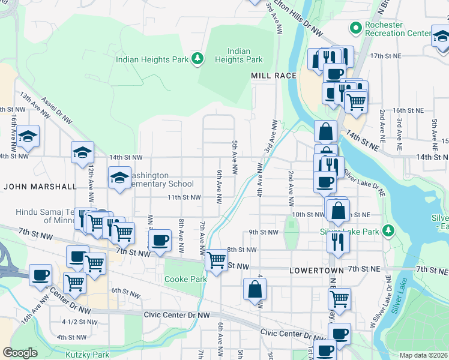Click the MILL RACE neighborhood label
[x=274, y=76]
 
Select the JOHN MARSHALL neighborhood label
[x=40, y=187]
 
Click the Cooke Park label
[x=185, y=279]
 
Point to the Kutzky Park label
[x=88, y=355]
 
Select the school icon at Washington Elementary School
[x=119, y=178]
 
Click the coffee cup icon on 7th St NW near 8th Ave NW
[x=160, y=241]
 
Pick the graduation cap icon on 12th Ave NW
[x=83, y=152]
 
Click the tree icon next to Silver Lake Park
[x=389, y=231]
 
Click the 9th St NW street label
[x=264, y=232]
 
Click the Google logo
[x=20, y=352]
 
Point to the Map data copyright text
[x=423, y=355]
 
